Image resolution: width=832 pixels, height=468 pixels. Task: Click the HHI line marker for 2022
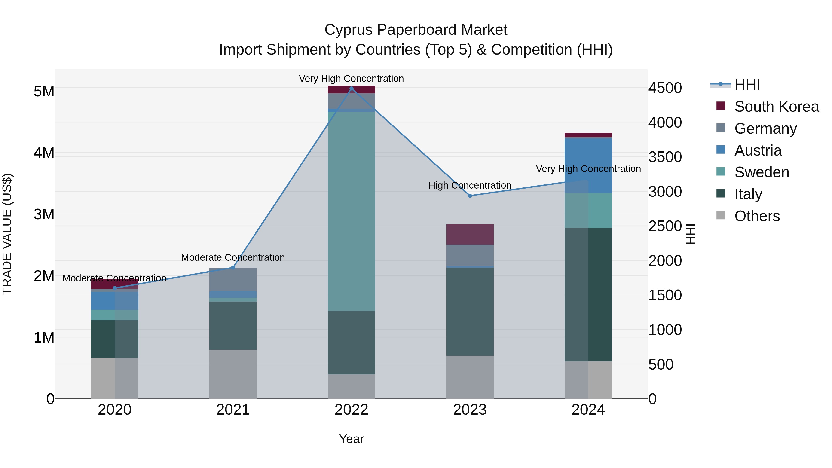point(351,88)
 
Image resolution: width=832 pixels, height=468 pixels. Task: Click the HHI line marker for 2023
point(470,196)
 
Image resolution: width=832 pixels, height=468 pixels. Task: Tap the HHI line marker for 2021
point(233,267)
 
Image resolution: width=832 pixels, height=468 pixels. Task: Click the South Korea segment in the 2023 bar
point(470,234)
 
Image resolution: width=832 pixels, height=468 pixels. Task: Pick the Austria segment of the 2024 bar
point(588,165)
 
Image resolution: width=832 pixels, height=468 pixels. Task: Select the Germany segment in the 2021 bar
point(233,279)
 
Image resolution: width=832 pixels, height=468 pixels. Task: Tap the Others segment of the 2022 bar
point(351,386)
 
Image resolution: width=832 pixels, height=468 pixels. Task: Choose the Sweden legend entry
point(761,172)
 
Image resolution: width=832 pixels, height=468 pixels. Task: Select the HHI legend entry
point(747,85)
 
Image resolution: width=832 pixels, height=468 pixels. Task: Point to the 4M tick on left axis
point(44,153)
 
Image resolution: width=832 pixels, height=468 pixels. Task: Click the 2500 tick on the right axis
point(665,226)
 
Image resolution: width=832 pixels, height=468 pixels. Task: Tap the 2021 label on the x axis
point(233,410)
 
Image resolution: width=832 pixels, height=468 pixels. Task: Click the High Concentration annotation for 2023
point(470,185)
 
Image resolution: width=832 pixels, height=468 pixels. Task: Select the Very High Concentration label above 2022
point(351,79)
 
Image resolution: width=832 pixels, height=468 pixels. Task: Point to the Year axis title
point(351,439)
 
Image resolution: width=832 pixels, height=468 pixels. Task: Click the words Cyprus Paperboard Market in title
point(416,30)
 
